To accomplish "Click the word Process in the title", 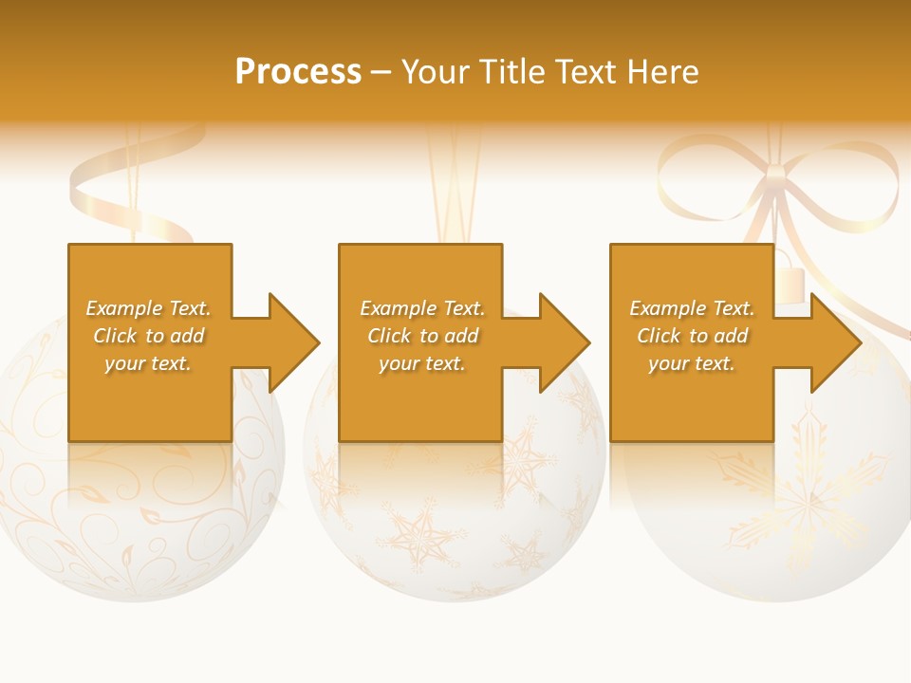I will [x=298, y=72].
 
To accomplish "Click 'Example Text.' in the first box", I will [x=148, y=308].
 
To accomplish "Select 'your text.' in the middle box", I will [x=421, y=363].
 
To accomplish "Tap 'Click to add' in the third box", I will [x=692, y=336].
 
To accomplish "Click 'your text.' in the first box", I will [x=148, y=363].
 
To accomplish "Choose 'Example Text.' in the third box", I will [x=692, y=308].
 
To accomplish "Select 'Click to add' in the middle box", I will [x=421, y=336].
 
